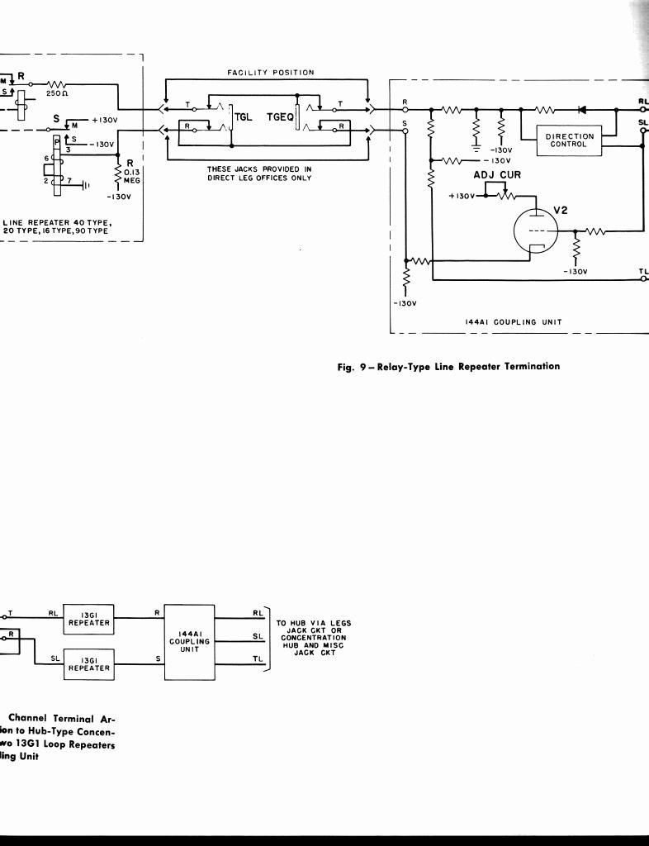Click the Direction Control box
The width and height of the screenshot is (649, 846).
click(x=570, y=140)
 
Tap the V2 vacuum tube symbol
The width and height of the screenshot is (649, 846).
click(x=537, y=228)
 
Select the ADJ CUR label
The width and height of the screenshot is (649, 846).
click(x=497, y=175)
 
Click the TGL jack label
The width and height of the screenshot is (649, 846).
click(x=244, y=117)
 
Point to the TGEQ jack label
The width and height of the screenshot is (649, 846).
click(x=280, y=117)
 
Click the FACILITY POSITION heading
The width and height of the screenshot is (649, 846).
click(x=271, y=73)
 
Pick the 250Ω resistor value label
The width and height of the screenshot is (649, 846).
click(x=55, y=94)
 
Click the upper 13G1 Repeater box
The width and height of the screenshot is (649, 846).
click(x=89, y=619)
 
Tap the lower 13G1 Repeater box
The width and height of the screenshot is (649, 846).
click(x=89, y=664)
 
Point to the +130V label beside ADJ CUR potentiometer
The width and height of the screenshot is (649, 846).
click(x=463, y=196)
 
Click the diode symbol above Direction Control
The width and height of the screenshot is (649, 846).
click(x=582, y=108)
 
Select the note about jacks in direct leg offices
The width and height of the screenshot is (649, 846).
click(x=259, y=173)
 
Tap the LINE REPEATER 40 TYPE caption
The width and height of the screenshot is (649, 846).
click(x=58, y=226)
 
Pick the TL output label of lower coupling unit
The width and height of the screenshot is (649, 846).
click(x=258, y=658)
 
